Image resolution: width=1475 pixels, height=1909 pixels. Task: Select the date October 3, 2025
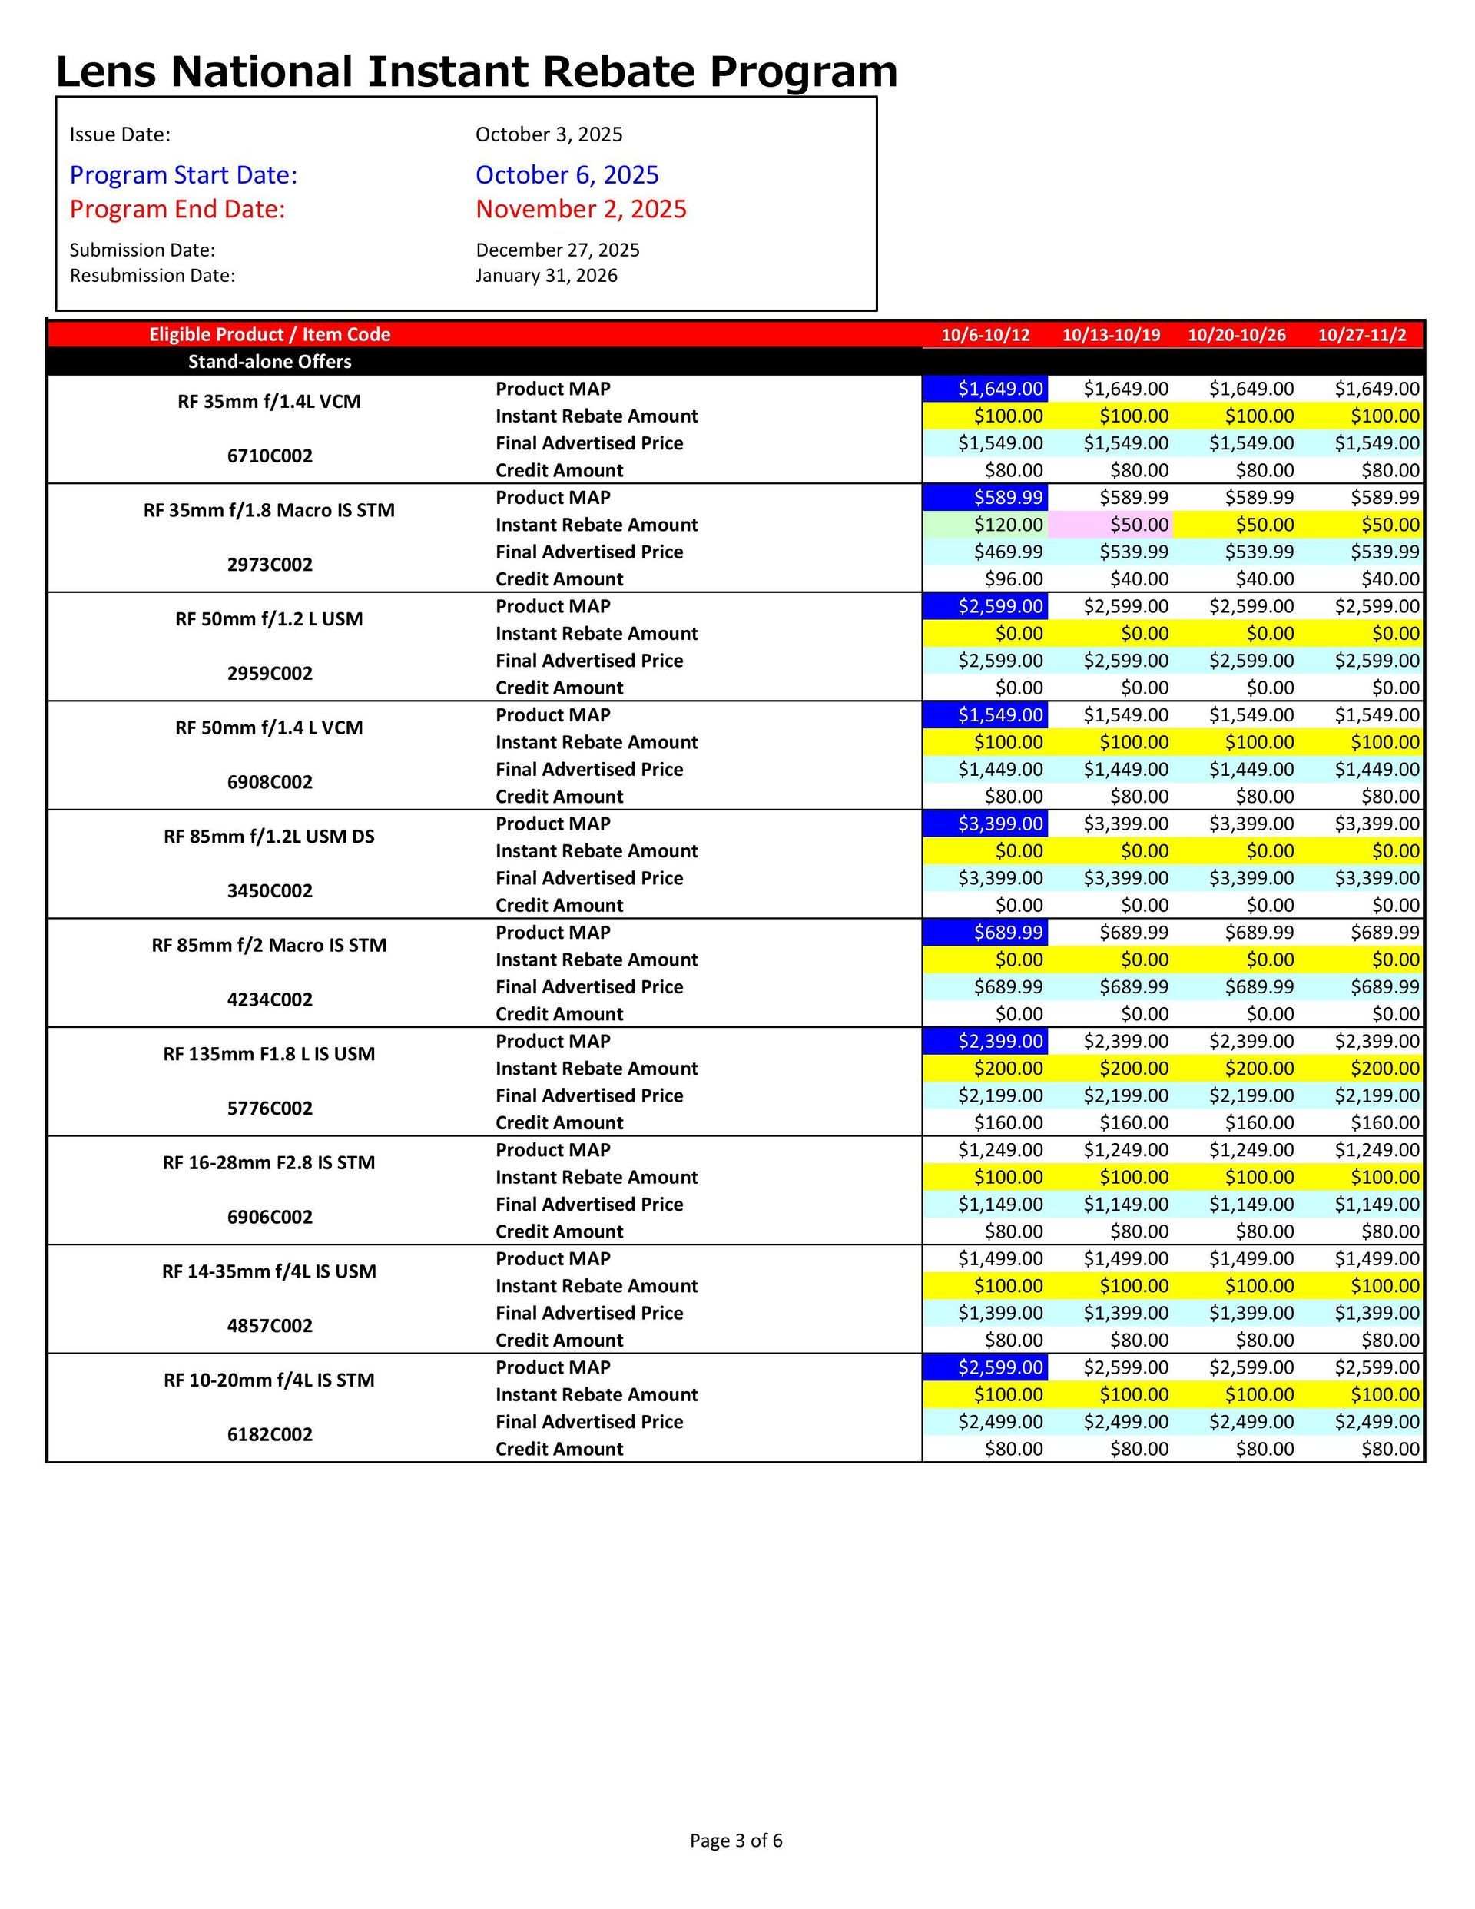pyautogui.click(x=549, y=134)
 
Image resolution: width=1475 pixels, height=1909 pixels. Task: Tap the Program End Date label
pyautogui.click(x=177, y=210)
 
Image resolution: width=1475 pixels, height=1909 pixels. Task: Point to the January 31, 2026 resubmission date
pyautogui.click(x=545, y=277)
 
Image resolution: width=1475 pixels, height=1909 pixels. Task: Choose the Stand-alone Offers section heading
pyautogui.click(x=270, y=362)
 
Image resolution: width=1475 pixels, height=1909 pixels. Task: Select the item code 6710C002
pyautogui.click(x=270, y=456)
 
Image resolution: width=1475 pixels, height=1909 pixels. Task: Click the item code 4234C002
pyautogui.click(x=270, y=1000)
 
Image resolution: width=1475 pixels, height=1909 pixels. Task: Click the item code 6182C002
pyautogui.click(x=270, y=1434)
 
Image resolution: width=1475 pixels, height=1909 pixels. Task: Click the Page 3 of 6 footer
pyautogui.click(x=735, y=1841)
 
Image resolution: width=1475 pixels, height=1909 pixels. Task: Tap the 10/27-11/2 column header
pyautogui.click(x=1361, y=335)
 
